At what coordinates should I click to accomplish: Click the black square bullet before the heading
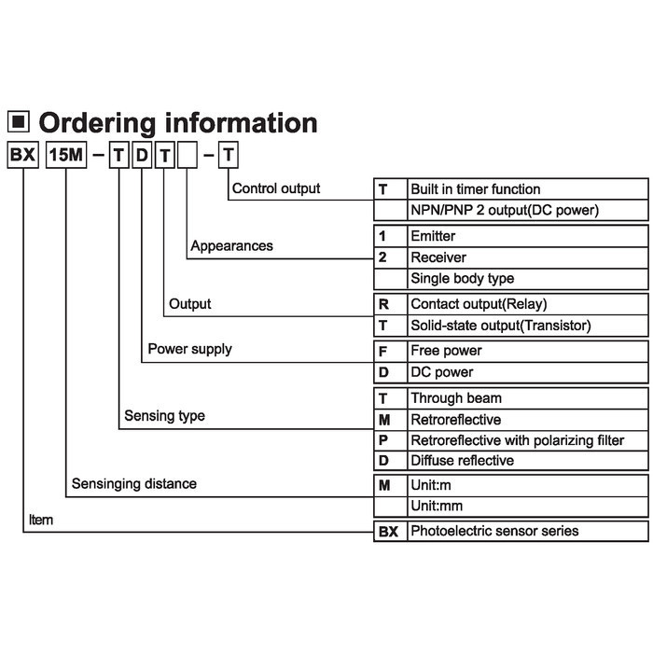[19, 121]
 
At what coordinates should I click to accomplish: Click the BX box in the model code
[23, 155]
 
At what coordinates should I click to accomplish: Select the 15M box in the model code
[66, 155]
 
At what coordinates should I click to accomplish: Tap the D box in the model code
[142, 155]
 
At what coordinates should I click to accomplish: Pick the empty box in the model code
[188, 155]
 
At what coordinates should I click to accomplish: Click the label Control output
[276, 188]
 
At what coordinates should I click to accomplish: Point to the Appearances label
[231, 245]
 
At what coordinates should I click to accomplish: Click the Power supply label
[190, 349]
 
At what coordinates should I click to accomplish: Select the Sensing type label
[164, 416]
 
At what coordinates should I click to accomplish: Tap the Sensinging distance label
[134, 483]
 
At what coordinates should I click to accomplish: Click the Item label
[41, 520]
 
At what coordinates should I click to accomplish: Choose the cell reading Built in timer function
[528, 189]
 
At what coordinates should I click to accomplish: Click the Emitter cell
[528, 236]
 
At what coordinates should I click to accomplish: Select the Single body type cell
[528, 279]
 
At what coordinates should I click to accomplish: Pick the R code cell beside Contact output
[390, 304]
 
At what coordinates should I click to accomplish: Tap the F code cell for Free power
[390, 352]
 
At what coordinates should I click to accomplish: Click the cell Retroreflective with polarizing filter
[528, 440]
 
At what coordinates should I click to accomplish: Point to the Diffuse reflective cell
[528, 461]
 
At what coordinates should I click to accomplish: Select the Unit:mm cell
[528, 507]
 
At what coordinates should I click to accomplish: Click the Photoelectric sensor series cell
[528, 531]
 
